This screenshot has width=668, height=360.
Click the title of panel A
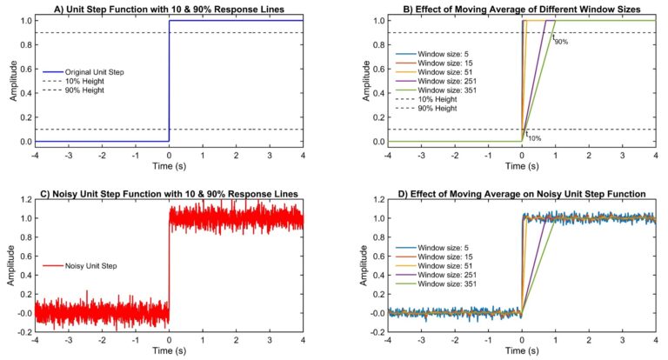click(170, 9)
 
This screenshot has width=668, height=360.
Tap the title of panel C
click(170, 192)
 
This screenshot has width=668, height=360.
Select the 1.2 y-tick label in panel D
click(377, 200)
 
